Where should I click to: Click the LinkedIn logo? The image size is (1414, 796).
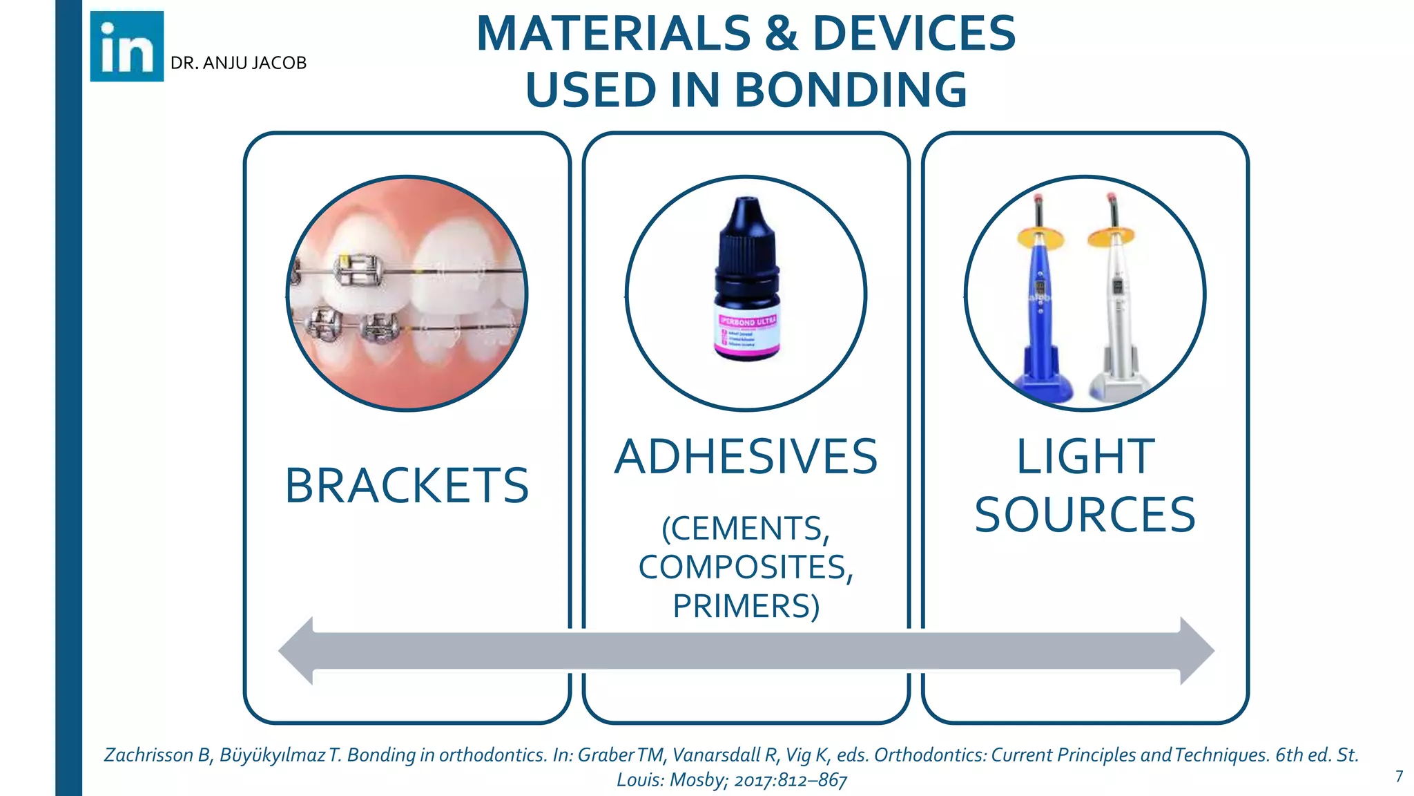pyautogui.click(x=127, y=46)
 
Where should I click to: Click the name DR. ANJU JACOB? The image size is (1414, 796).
pyautogui.click(x=238, y=63)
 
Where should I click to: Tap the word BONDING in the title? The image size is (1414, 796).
pyautogui.click(x=850, y=90)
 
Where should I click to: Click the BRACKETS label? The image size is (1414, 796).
pyautogui.click(x=407, y=485)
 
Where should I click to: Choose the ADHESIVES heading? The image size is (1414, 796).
pyautogui.click(x=746, y=457)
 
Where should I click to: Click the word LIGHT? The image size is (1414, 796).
pyautogui.click(x=1085, y=457)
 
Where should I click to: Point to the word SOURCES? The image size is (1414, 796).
pyautogui.click(x=1085, y=515)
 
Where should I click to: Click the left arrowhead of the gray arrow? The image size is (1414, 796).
pyautogui.click(x=297, y=651)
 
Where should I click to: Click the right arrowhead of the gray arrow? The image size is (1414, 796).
pyautogui.click(x=1197, y=651)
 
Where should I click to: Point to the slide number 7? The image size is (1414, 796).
pyautogui.click(x=1399, y=777)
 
